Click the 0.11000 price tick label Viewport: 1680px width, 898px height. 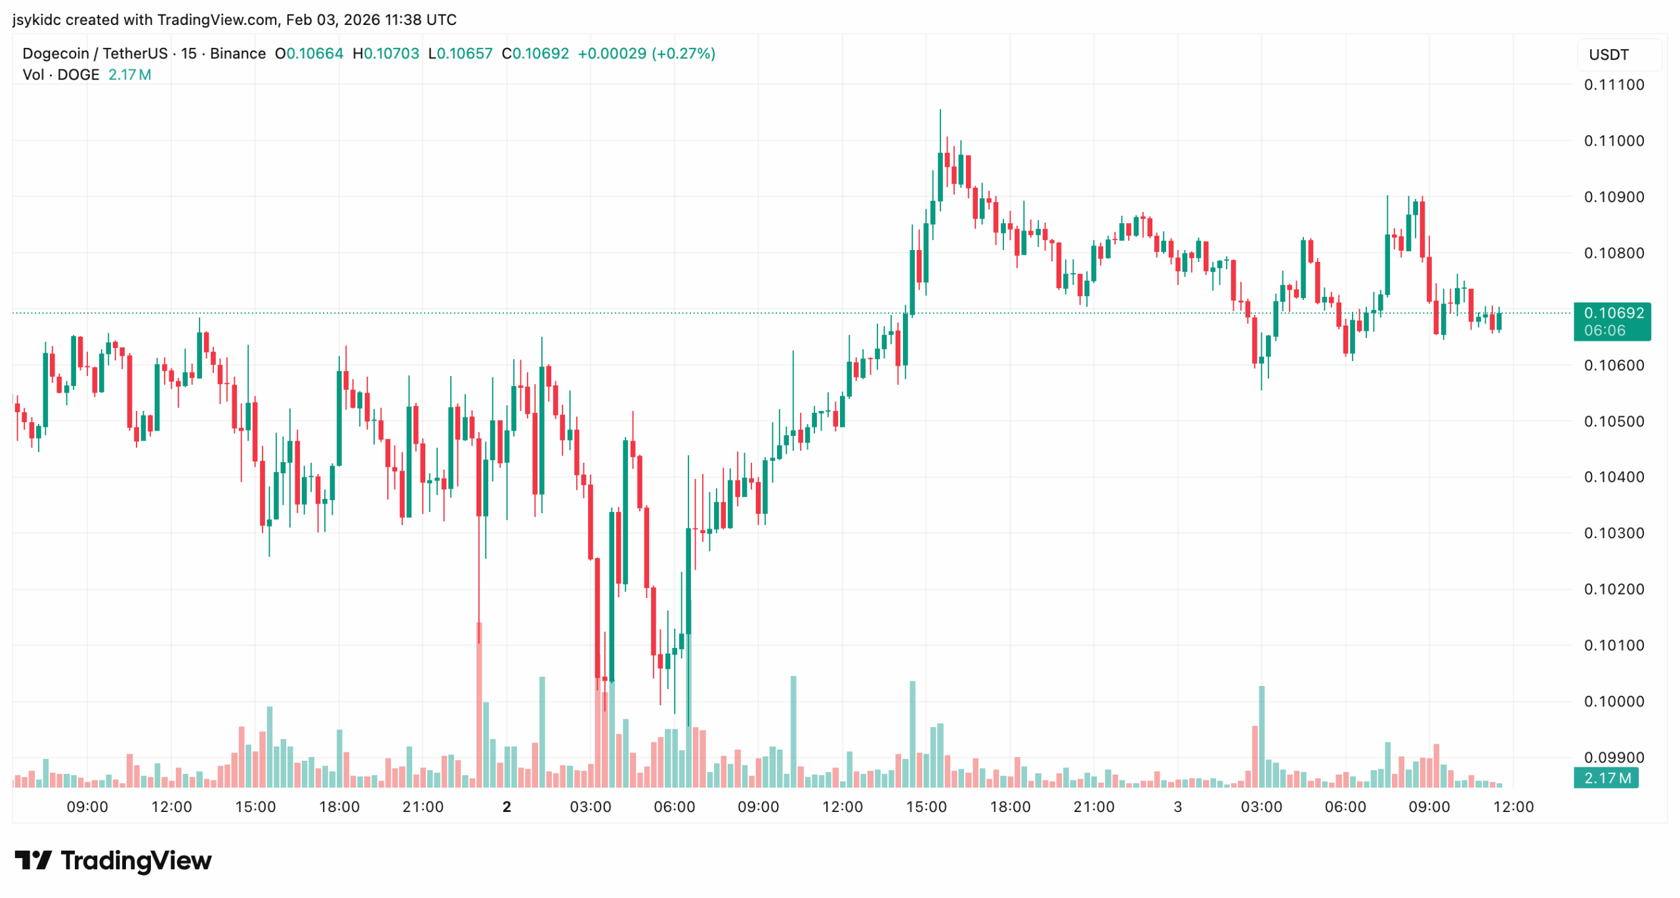click(x=1613, y=140)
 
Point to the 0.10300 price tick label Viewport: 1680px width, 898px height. click(x=1613, y=532)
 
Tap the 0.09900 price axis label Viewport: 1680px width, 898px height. click(x=1613, y=757)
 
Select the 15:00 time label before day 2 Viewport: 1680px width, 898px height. click(x=255, y=807)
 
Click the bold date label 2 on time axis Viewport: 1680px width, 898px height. click(x=507, y=807)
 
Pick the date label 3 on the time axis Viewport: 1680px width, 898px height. click(x=1177, y=807)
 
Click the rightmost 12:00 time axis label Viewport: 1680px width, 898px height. click(x=1513, y=807)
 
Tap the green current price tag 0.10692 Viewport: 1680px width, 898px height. click(x=1611, y=313)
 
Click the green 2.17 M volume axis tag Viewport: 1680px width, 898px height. click(x=1606, y=778)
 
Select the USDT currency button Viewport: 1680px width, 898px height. click(x=1608, y=54)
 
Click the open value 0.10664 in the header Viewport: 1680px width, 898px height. click(x=314, y=53)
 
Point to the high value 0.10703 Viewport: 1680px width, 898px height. click(x=391, y=53)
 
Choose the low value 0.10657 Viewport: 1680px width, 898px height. click(x=465, y=53)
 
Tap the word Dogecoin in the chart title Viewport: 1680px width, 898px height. click(x=56, y=53)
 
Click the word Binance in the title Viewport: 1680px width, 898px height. click(x=238, y=53)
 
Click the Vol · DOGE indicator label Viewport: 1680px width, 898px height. click(x=61, y=75)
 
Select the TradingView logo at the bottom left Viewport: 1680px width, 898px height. click(x=113, y=860)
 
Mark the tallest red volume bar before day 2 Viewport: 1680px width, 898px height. click(x=479, y=706)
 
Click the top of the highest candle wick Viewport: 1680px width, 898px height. click(x=940, y=110)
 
